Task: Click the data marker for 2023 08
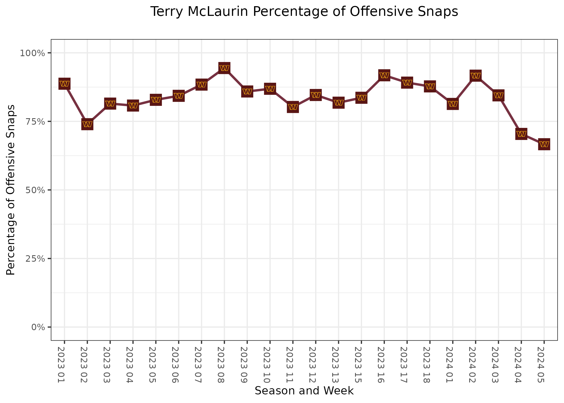pyautogui.click(x=224, y=68)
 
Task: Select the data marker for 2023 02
pyautogui.click(x=87, y=124)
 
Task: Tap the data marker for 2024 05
pyautogui.click(x=544, y=144)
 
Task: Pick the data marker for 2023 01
pyautogui.click(x=64, y=84)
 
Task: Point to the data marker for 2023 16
pyautogui.click(x=384, y=75)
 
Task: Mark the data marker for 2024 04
pyautogui.click(x=521, y=134)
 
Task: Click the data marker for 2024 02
pyautogui.click(x=476, y=76)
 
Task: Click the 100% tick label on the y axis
pyautogui.click(x=32, y=53)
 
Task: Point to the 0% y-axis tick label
pyautogui.click(x=38, y=327)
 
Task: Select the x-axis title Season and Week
pyautogui.click(x=304, y=391)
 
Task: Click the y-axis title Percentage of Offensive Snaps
pyautogui.click(x=11, y=190)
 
